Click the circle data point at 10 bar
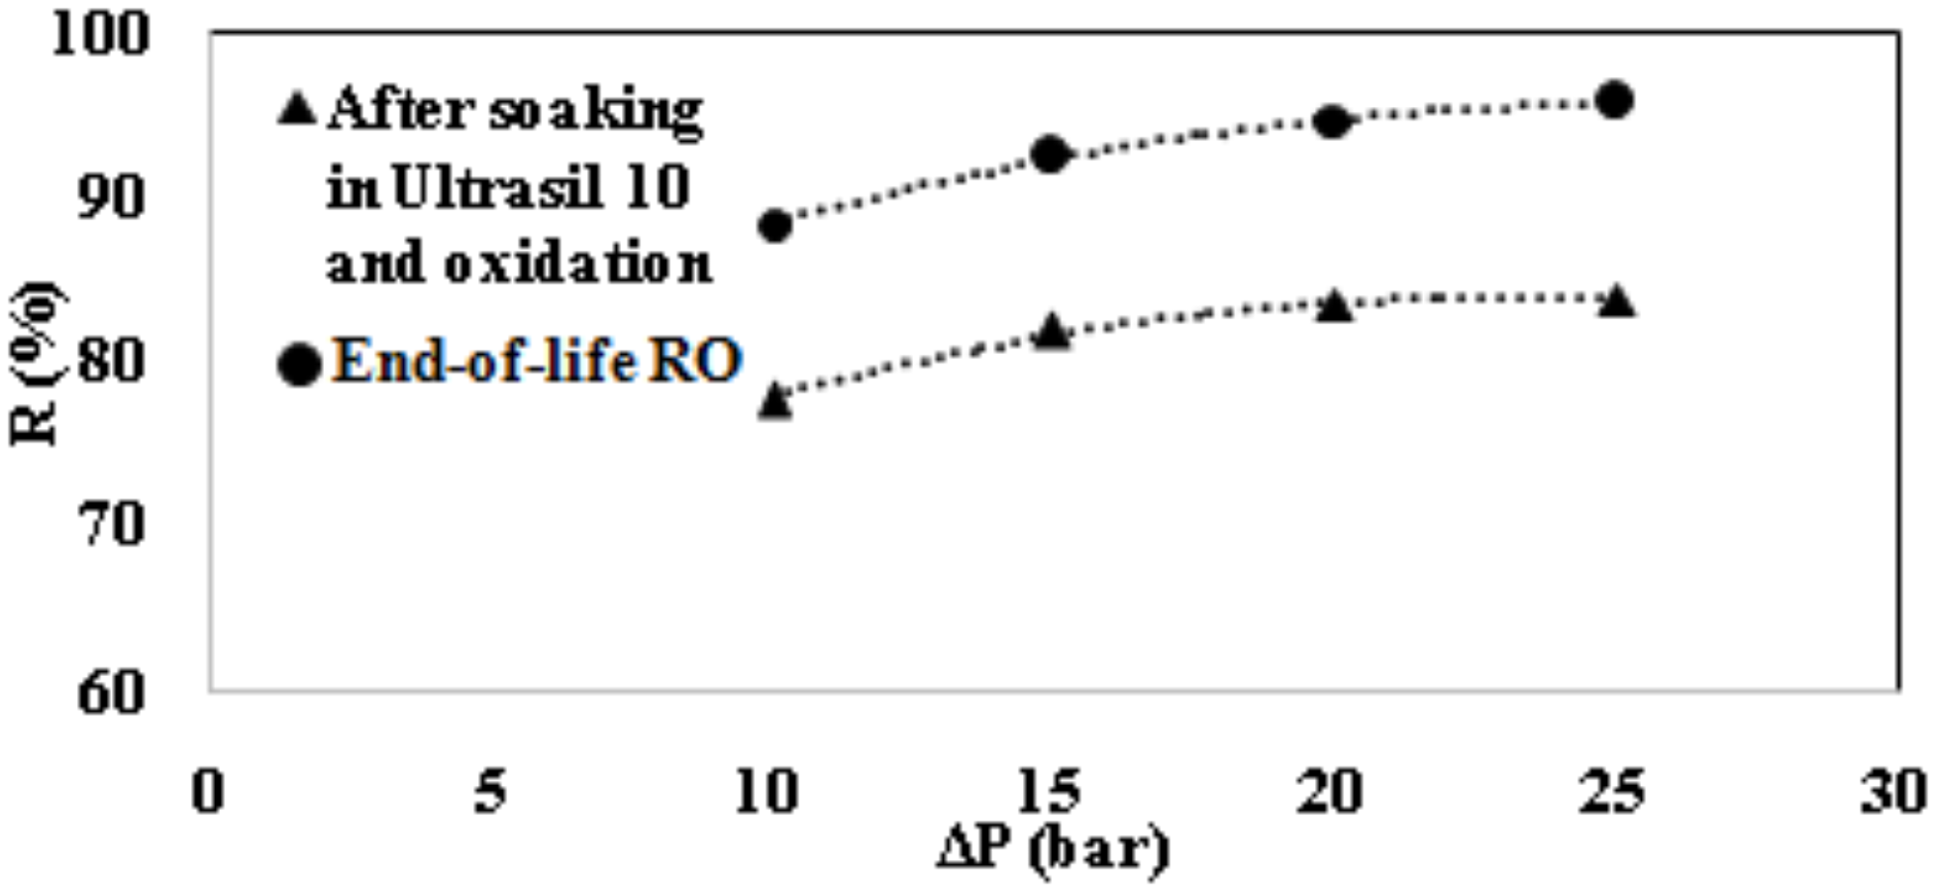coord(775,226)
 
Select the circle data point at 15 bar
coord(1050,154)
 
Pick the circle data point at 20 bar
coord(1331,122)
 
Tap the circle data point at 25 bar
coord(1615,100)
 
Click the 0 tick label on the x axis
coord(208,792)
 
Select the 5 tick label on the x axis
coord(490,792)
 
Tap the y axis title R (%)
coord(36,365)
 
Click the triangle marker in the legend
coord(297,108)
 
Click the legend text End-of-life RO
coord(536,362)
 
